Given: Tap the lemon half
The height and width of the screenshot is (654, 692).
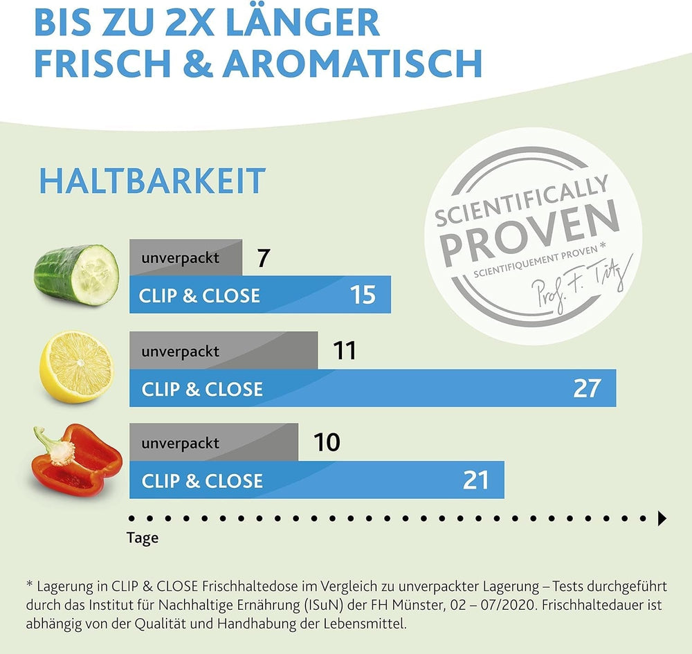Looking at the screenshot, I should click(x=76, y=366).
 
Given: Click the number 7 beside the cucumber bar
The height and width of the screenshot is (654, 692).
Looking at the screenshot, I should click(x=262, y=259).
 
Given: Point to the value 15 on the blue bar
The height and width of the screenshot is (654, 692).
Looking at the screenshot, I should click(x=363, y=296).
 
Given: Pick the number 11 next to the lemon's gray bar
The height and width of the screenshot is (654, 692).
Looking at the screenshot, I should click(x=344, y=351).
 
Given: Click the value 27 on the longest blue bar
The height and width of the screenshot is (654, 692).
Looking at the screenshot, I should click(x=587, y=388).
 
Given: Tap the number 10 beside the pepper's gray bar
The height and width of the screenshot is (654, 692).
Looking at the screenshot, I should click(x=327, y=442).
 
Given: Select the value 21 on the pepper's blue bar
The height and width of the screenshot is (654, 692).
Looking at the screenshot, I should click(x=475, y=480).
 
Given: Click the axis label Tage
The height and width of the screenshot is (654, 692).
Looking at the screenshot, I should click(x=143, y=538).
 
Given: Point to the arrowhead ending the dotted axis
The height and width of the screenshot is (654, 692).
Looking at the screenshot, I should click(x=662, y=518).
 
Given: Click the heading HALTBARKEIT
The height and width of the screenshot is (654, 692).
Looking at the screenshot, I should click(x=152, y=181).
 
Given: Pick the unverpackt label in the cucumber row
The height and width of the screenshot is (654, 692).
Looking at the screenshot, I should click(x=180, y=258).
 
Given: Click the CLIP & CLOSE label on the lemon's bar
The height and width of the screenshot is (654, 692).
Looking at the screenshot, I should click(x=202, y=389).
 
